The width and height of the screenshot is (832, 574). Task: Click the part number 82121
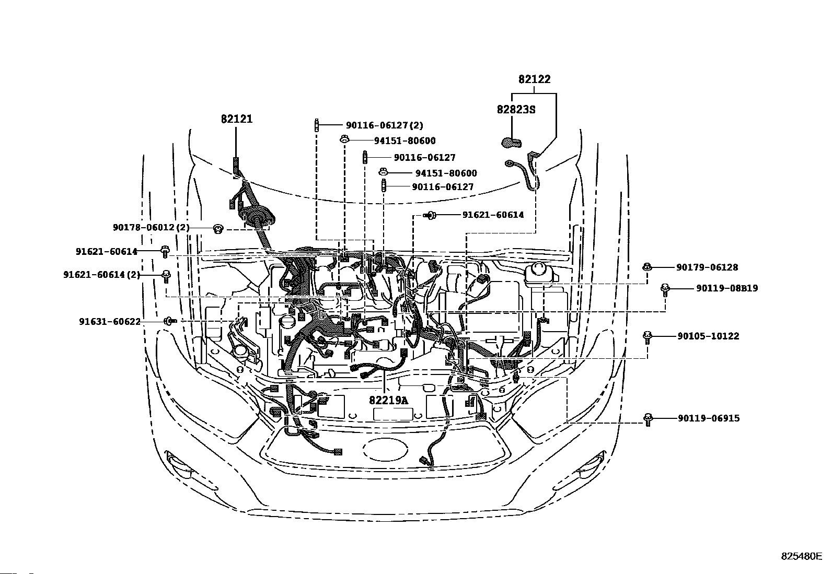tap(237, 119)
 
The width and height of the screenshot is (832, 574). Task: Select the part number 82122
tap(535, 79)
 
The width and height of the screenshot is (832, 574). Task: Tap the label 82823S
tap(516, 110)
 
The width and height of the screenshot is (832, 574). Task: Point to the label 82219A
tap(388, 400)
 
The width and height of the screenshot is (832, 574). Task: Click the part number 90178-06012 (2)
tap(151, 227)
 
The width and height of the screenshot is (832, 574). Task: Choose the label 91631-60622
tap(110, 322)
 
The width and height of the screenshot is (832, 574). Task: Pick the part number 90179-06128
tap(707, 267)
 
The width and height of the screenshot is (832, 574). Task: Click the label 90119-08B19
tap(727, 288)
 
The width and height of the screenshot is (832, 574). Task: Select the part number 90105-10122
tap(708, 336)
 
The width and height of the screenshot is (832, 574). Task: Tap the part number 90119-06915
tap(709, 418)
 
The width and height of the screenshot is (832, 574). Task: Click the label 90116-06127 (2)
tap(385, 125)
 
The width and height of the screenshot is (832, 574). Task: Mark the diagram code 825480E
tap(802, 566)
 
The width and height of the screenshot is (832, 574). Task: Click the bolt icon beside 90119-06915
tap(648, 419)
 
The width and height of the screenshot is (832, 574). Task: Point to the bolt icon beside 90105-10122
tap(647, 337)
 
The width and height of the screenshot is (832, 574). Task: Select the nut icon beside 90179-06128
tap(646, 266)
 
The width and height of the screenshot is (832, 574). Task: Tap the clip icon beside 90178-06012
tap(218, 229)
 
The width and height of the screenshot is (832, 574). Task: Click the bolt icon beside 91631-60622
tap(170, 321)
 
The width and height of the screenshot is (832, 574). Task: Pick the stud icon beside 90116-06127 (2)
tap(317, 125)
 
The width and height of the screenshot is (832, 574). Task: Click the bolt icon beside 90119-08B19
tap(665, 289)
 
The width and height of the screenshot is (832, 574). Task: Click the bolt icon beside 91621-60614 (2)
tap(166, 276)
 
